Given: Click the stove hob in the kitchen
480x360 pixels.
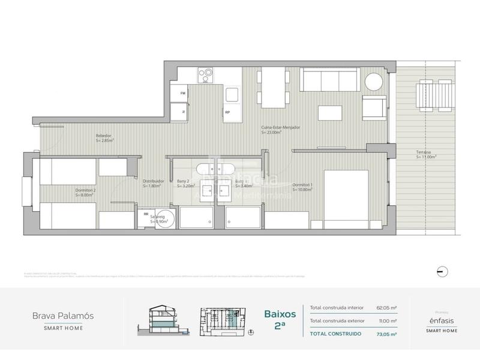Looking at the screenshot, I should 206,75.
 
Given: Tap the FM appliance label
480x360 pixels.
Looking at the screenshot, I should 184,94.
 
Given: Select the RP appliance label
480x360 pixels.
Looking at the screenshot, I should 227,112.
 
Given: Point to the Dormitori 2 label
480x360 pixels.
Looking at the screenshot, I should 85,192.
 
